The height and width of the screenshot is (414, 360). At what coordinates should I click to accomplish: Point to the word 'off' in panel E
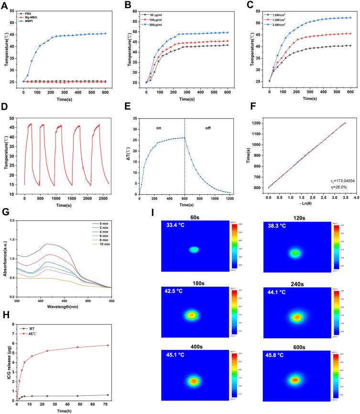(x=208, y=128)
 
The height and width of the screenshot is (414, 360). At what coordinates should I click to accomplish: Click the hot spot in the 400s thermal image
(x=193, y=381)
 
